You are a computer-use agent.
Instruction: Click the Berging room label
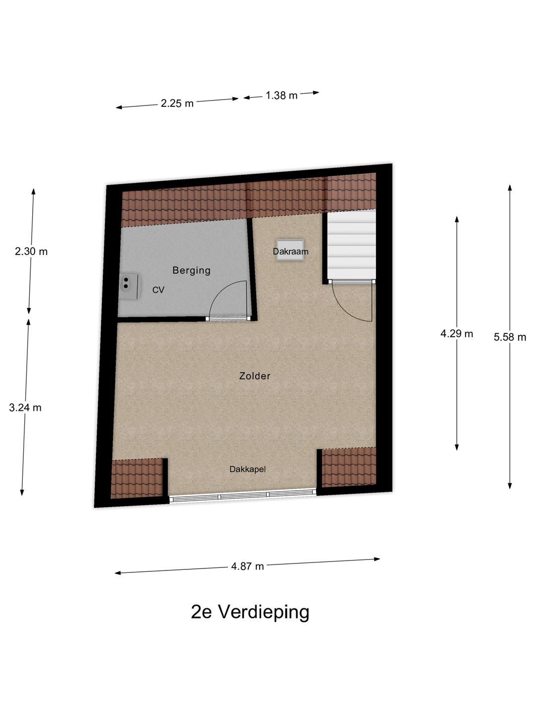pos(191,270)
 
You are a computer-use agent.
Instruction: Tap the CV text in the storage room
pos(158,290)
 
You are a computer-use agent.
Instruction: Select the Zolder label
pos(255,376)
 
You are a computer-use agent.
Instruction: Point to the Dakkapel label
pos(247,469)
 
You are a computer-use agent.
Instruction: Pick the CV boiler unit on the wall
pos(129,287)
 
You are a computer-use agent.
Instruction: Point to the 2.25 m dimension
pos(177,103)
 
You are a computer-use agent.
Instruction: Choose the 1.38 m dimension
pos(281,96)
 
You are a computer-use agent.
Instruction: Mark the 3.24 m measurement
pos(25,408)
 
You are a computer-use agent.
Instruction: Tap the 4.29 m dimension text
pos(456,334)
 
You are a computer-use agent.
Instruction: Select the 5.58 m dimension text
pos(510,338)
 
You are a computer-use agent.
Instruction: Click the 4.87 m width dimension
pos(247,566)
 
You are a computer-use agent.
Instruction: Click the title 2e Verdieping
pos(250,612)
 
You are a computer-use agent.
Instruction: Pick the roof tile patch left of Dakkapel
pos(137,478)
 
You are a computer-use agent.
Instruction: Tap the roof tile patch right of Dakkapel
pos(349,468)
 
